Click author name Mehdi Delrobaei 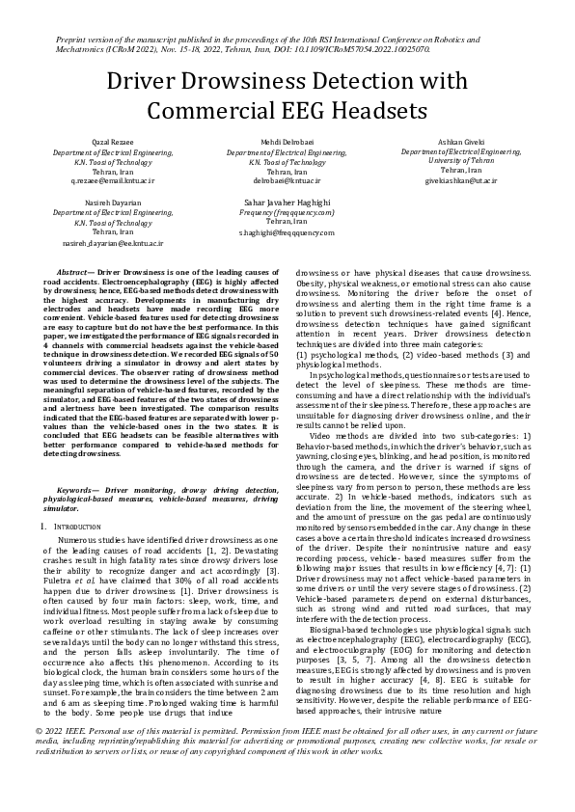pos(287,142)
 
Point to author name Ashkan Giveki pos(449,142)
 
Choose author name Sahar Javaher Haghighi pos(287,203)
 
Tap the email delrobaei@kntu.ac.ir pos(287,180)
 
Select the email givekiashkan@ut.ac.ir pos(449,180)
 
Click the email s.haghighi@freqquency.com pos(287,232)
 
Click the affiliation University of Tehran pos(449,161)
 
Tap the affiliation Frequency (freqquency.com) pos(287,212)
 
